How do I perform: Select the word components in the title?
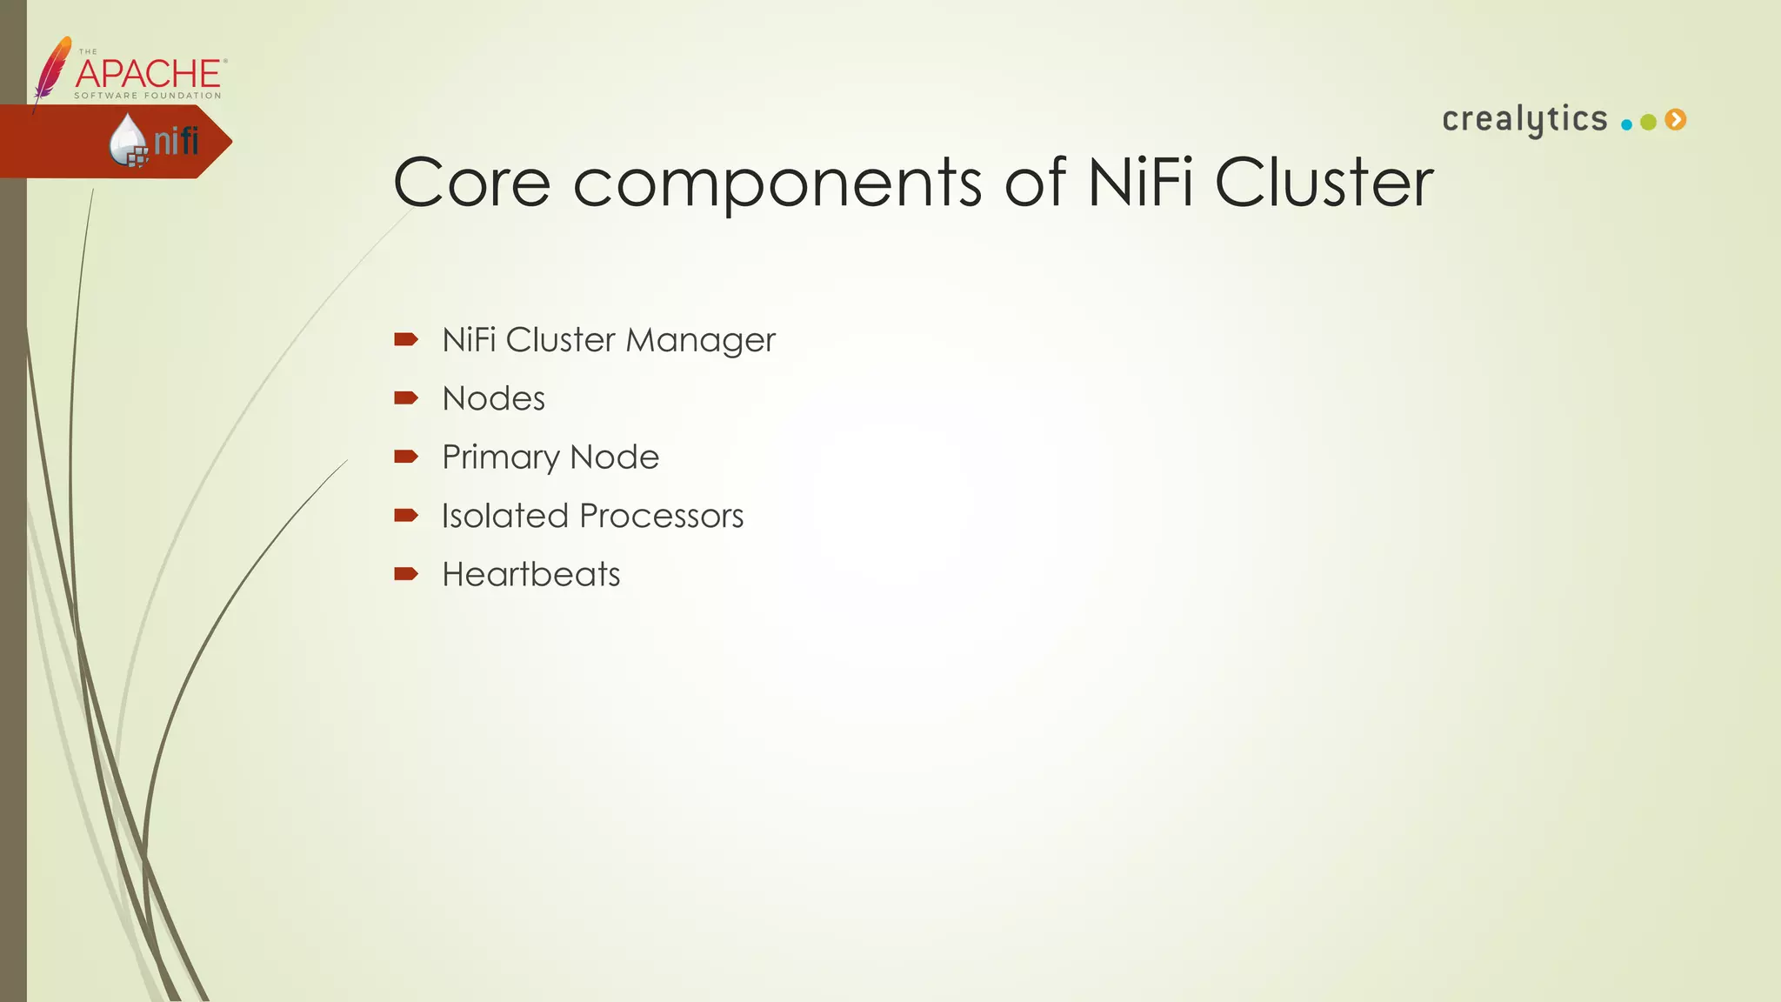point(777,184)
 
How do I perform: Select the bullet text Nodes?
point(493,398)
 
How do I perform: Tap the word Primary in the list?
point(500,458)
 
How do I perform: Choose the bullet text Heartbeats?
point(530,574)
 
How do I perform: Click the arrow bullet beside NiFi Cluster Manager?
point(406,339)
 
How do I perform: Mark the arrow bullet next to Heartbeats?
point(406,573)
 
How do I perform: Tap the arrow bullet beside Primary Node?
point(406,456)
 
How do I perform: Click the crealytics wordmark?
point(1524,120)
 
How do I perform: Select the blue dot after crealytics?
point(1626,124)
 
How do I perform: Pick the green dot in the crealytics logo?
point(1648,123)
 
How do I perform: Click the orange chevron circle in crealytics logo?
point(1676,120)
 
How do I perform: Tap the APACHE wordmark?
point(149,74)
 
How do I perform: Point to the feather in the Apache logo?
point(52,70)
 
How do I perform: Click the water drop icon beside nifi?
point(128,140)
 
